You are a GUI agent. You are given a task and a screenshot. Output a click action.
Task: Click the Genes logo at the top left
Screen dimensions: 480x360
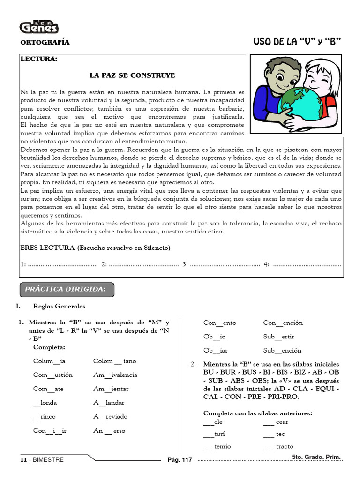[x=39, y=27]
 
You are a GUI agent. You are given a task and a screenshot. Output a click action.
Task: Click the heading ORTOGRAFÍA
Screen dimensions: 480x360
[x=45, y=43]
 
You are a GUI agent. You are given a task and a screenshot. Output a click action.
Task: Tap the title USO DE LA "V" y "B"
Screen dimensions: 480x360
[x=296, y=42]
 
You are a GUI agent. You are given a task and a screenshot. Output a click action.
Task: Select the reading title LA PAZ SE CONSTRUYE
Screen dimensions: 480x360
[x=132, y=75]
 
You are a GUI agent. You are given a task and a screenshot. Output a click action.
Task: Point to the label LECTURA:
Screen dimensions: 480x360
[x=39, y=60]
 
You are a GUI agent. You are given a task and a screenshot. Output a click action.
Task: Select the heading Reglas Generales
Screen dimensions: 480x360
[x=60, y=306]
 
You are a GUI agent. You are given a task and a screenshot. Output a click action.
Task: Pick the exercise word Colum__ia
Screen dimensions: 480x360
[x=49, y=361]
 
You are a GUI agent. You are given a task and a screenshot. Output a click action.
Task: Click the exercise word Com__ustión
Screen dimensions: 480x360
[x=53, y=375]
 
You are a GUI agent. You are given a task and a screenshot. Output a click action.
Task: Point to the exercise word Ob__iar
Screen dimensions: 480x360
[x=216, y=350]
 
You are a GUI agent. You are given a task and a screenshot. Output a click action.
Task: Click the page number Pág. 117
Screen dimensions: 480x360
[x=180, y=460]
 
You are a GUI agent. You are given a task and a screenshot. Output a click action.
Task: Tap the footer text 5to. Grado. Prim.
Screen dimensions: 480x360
[x=315, y=457]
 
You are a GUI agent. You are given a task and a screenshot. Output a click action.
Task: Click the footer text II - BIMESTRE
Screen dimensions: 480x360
[x=42, y=460]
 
